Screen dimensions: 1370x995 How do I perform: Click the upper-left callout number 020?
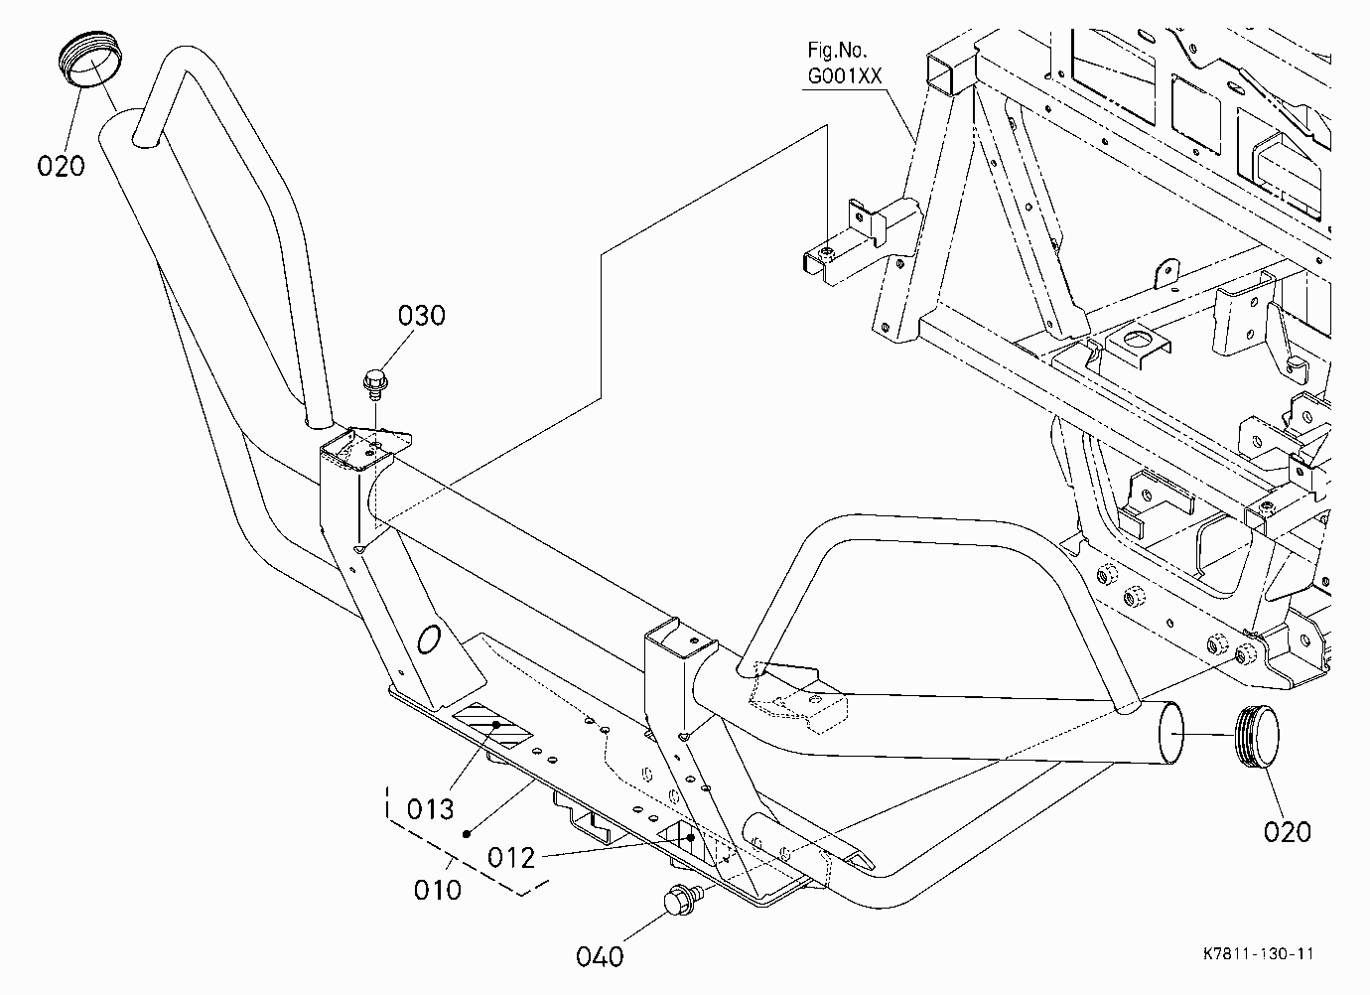[x=61, y=166]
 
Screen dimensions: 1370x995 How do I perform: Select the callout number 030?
[x=421, y=315]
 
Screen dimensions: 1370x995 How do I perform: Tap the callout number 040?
[x=600, y=956]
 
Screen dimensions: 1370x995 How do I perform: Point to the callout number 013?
[x=431, y=809]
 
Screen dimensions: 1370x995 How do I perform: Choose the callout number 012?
[x=511, y=858]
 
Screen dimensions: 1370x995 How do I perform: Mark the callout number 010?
[x=437, y=890]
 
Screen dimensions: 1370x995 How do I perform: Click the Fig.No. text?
[x=837, y=50]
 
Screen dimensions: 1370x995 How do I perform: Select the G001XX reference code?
[x=845, y=75]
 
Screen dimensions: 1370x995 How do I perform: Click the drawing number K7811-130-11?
[x=1259, y=954]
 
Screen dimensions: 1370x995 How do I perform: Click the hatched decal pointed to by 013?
[x=492, y=725]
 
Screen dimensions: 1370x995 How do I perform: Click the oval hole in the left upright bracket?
[x=428, y=639]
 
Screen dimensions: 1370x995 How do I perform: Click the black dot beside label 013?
[x=467, y=833]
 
